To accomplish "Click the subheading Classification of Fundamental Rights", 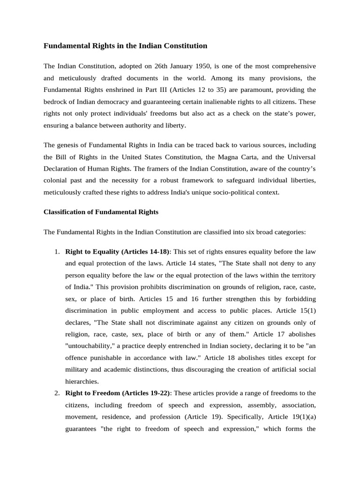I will [x=101, y=212].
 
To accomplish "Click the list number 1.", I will [x=56, y=252].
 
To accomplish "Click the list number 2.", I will [x=56, y=393].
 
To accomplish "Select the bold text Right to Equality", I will [x=93, y=252].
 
